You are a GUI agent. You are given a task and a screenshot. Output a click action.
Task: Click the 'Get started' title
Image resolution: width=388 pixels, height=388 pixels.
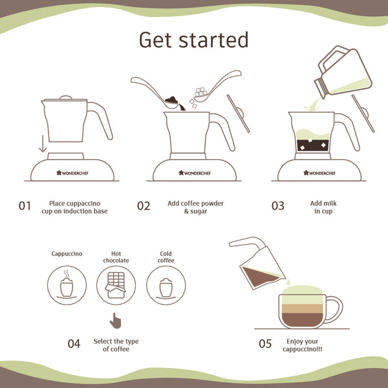(x=194, y=39)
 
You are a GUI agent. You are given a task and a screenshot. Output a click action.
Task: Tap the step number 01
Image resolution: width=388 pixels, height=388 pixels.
(x=25, y=206)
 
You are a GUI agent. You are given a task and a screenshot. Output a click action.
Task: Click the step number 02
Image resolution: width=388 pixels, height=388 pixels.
(x=144, y=206)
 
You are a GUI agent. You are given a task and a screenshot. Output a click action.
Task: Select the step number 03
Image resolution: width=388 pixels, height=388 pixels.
(x=277, y=206)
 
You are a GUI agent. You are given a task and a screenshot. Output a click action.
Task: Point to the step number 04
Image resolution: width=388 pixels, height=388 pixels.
(x=74, y=343)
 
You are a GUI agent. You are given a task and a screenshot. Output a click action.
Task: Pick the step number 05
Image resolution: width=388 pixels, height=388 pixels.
(x=265, y=343)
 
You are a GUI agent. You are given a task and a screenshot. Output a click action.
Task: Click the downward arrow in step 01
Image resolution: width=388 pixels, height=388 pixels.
(x=43, y=144)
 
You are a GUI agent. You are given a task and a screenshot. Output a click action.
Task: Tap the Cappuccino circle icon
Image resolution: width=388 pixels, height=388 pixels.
(x=67, y=285)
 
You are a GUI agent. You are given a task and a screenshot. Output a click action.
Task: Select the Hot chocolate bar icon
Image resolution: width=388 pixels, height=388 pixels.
(x=116, y=285)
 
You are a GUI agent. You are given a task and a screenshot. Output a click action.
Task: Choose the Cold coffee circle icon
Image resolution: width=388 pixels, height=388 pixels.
(x=166, y=285)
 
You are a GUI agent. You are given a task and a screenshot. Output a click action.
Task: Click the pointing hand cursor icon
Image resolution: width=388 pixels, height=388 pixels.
(x=116, y=321)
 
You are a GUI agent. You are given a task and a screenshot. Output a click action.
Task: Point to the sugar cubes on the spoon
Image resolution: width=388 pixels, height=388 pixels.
(x=200, y=92)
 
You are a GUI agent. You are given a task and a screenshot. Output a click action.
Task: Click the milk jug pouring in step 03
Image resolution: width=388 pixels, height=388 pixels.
(x=343, y=72)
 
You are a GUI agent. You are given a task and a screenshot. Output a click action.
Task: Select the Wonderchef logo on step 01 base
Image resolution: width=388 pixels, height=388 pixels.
(x=72, y=173)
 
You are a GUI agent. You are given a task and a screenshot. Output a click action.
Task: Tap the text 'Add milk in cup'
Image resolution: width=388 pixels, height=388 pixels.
(x=323, y=208)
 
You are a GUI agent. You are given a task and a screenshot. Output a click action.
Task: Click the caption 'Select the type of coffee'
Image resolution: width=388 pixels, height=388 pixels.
(x=116, y=345)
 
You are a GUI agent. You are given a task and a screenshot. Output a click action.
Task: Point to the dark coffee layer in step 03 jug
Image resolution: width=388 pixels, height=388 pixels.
(x=313, y=145)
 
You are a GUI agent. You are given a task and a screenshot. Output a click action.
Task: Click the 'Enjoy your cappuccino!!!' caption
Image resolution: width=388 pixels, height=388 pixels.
(x=302, y=345)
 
